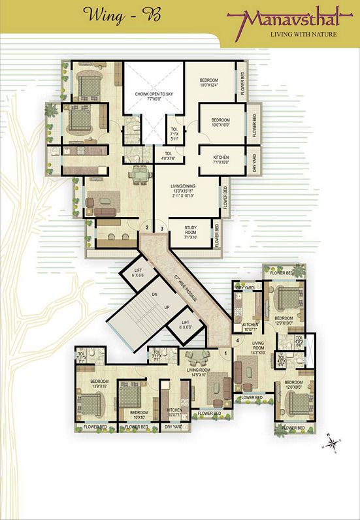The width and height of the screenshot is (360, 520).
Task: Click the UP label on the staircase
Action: coord(149,306)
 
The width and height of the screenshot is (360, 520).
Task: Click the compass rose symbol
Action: coord(333,444)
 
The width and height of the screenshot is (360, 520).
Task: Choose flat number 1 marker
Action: coord(226,353)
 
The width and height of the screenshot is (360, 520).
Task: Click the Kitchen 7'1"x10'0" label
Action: coord(211,159)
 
